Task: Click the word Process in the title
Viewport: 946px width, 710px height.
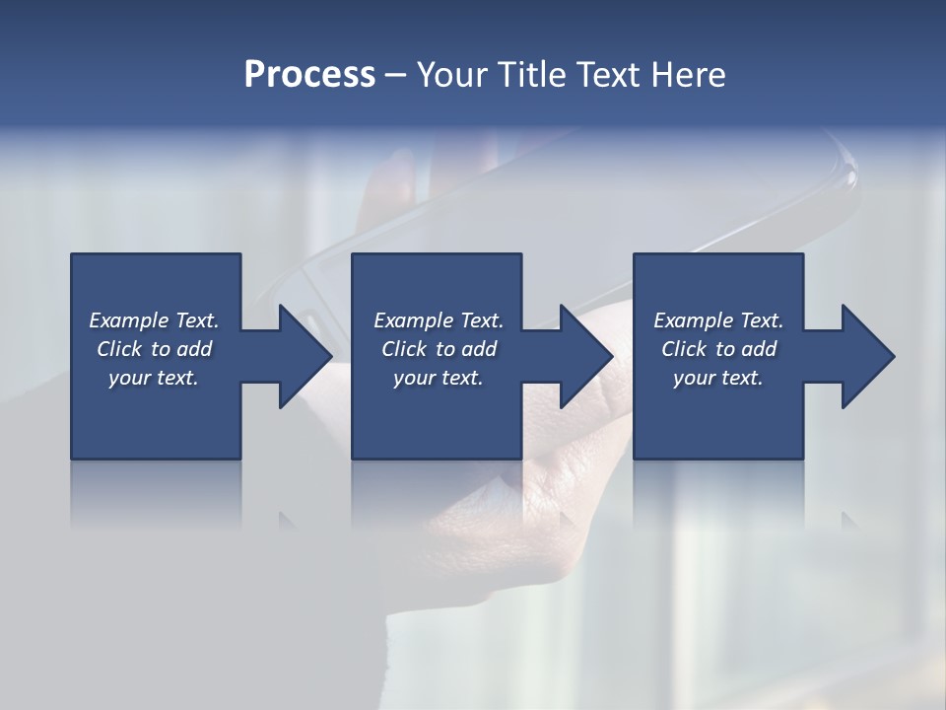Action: (x=309, y=75)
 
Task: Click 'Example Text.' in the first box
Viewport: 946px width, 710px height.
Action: (x=154, y=320)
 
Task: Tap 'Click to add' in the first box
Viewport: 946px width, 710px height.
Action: (x=154, y=349)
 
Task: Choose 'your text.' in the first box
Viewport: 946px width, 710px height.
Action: (x=154, y=378)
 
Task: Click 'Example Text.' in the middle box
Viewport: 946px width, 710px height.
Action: (x=439, y=320)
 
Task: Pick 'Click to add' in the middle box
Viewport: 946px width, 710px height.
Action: (x=439, y=349)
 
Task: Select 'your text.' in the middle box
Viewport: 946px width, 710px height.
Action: (x=439, y=378)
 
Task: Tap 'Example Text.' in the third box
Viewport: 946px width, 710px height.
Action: (x=718, y=320)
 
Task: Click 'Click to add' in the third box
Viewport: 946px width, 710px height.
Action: (x=718, y=349)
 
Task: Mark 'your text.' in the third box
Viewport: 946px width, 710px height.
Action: (x=718, y=378)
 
